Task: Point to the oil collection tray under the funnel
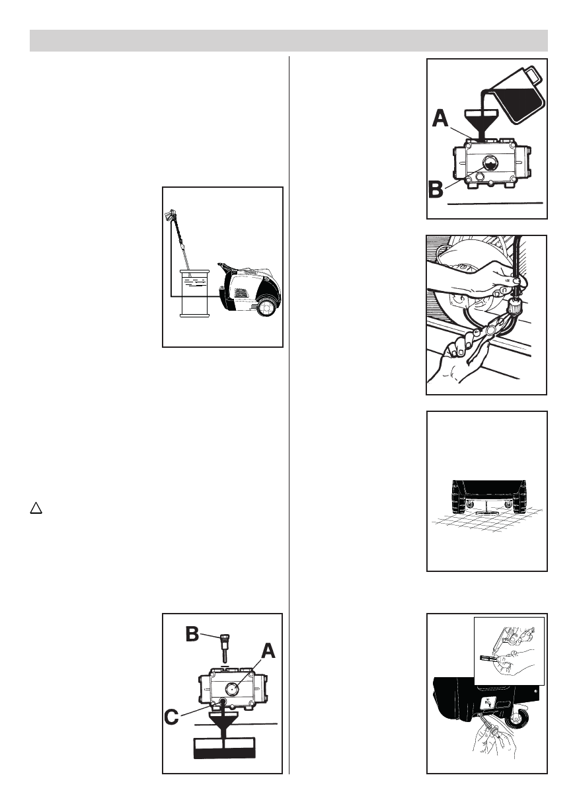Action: pos(225,747)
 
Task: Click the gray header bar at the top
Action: pos(288,40)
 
